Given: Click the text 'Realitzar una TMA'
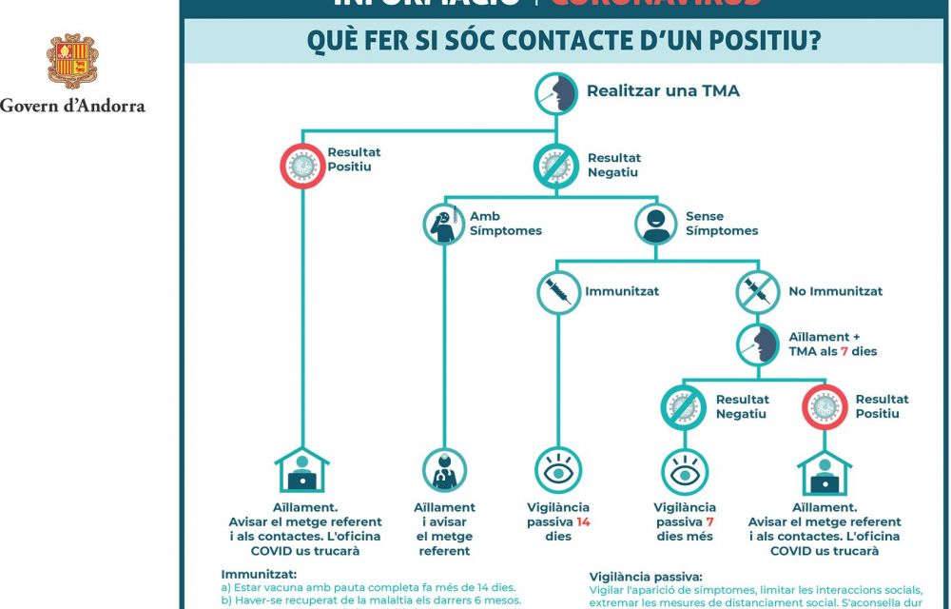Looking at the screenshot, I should coord(663,91).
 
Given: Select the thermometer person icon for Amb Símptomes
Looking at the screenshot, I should coord(444,224).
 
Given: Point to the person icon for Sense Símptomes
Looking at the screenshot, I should coord(657,224).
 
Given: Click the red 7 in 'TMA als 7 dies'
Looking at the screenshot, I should coord(844,351).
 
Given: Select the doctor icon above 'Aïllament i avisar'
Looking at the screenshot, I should coord(444,470).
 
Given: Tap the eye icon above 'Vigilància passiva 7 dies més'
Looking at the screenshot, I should coord(685,470).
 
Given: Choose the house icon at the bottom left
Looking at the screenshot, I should coord(302,470).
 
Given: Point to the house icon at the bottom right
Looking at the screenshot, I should coord(824,470).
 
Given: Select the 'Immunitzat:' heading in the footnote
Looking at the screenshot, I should coord(259,575).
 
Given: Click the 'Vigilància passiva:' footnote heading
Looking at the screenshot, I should coord(646,577).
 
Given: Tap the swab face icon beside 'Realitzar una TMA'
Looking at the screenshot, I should coord(558,93).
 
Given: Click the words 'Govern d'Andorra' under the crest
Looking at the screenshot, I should coord(73,106).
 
